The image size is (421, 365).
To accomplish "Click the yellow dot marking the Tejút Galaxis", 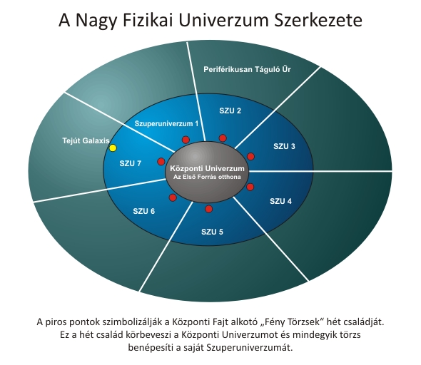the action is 113,148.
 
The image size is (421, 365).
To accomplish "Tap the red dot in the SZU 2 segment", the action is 223,138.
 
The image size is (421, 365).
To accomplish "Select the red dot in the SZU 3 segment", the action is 250,156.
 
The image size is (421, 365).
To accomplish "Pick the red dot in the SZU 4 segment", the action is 250,187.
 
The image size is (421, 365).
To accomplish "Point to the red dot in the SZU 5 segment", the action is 208,209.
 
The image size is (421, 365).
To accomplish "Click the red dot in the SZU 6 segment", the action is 173,198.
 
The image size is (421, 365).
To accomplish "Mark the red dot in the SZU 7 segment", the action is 161,161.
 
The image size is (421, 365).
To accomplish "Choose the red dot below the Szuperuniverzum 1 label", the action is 186,140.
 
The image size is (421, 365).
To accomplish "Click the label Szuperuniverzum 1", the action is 166,123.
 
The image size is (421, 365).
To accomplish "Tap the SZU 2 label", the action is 230,110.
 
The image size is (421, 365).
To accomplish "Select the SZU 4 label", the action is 280,201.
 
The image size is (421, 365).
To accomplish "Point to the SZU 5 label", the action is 212,232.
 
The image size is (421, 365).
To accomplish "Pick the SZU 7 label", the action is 130,163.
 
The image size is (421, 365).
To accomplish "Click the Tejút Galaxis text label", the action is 86,140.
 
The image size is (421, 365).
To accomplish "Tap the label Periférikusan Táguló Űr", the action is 247,69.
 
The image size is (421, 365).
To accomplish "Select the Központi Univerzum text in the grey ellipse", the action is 207,169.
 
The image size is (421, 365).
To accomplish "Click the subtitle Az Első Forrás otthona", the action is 207,177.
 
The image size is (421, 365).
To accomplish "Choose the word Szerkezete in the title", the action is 318,20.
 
